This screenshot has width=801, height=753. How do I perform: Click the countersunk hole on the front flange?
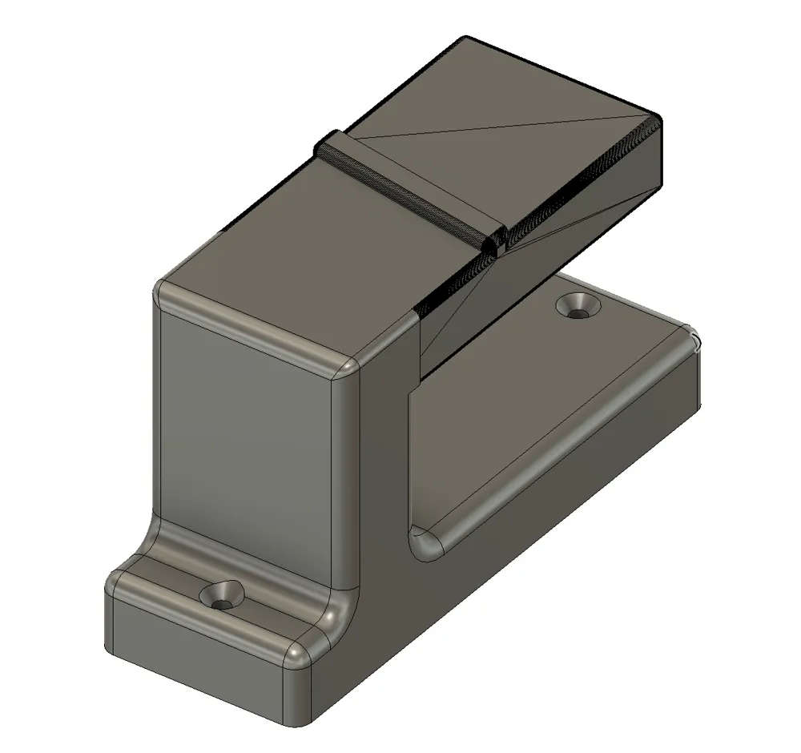click(x=223, y=595)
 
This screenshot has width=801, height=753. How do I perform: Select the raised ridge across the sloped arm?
click(x=409, y=189)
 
